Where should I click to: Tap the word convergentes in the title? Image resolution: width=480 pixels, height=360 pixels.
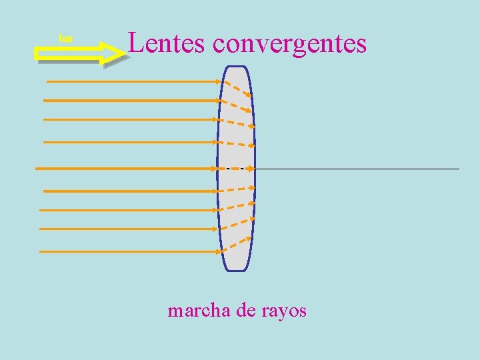click(x=290, y=44)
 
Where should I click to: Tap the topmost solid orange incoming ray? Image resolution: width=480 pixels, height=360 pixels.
click(x=133, y=81)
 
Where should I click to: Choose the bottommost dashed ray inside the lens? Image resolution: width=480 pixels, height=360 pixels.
click(x=236, y=245)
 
